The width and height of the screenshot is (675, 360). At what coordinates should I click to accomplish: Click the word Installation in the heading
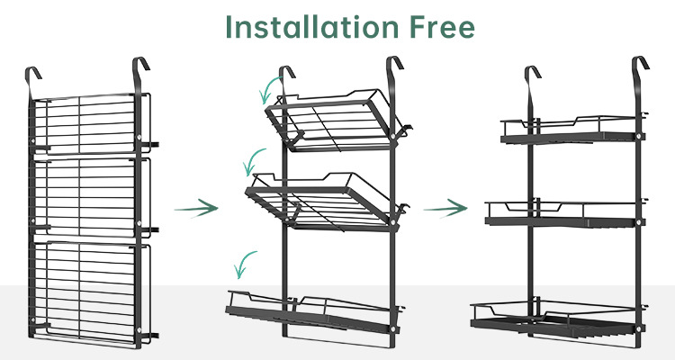(x=312, y=27)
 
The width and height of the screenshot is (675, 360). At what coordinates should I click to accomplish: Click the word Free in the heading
(x=442, y=27)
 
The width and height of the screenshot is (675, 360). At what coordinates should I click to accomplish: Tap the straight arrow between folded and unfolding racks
(x=196, y=208)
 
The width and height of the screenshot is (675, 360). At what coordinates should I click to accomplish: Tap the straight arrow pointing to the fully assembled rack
(x=445, y=208)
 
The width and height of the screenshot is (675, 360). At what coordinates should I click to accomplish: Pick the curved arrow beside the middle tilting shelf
(x=248, y=160)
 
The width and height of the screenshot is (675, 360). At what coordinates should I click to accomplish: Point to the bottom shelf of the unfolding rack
(x=313, y=313)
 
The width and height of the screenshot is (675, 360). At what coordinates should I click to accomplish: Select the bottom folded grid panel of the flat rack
(x=90, y=292)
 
